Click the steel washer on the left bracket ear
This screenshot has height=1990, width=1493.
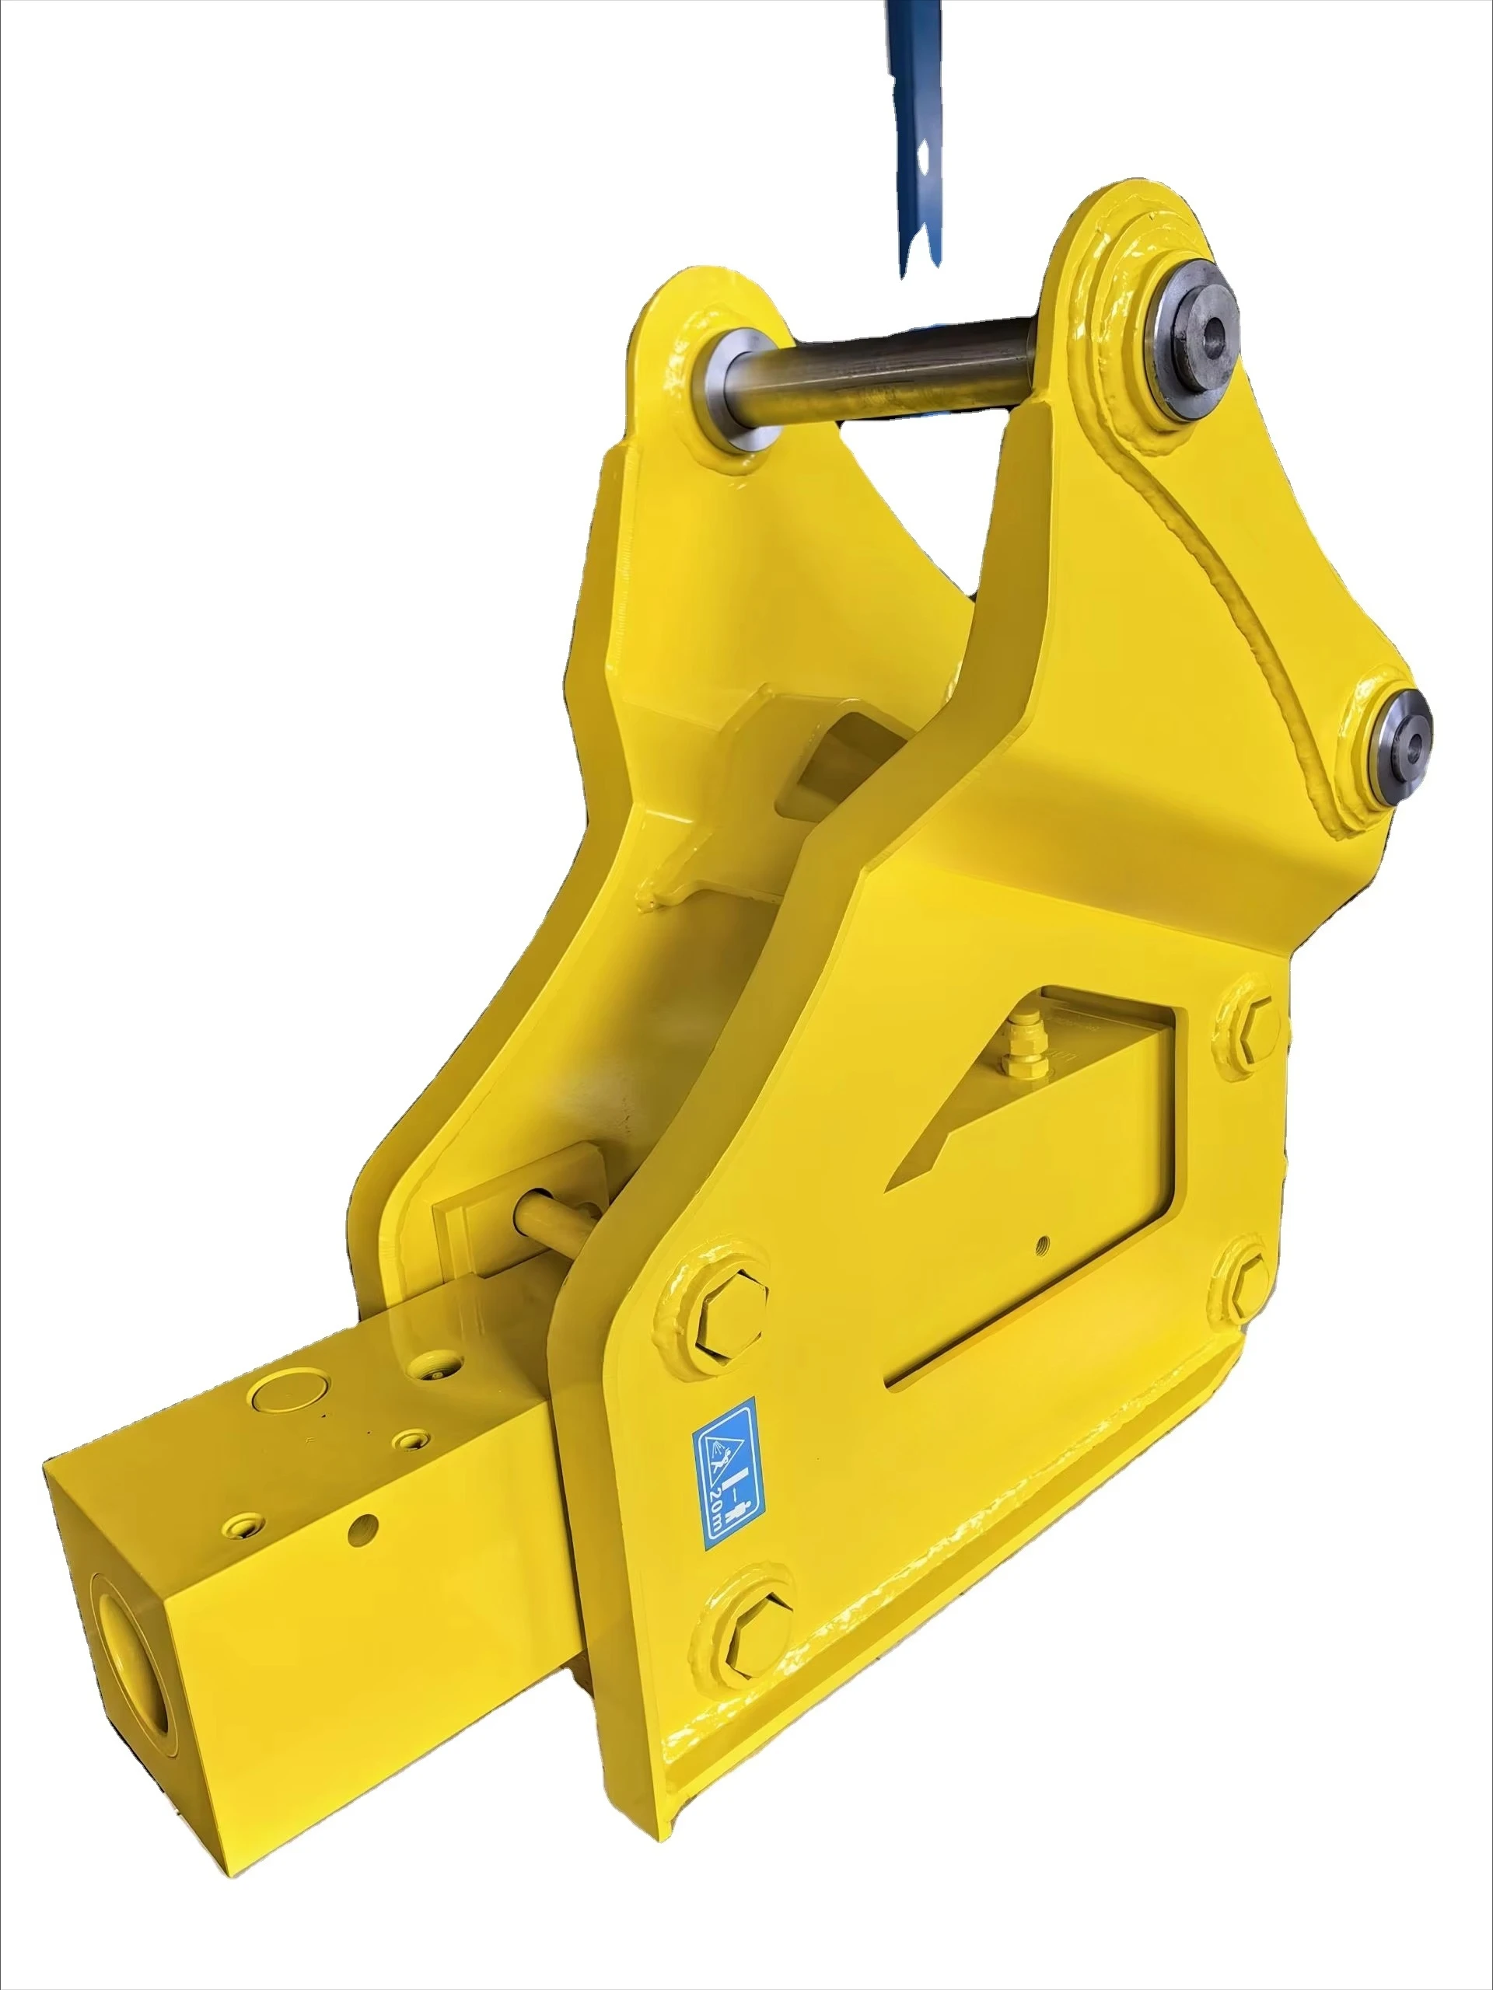pyautogui.click(x=737, y=388)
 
